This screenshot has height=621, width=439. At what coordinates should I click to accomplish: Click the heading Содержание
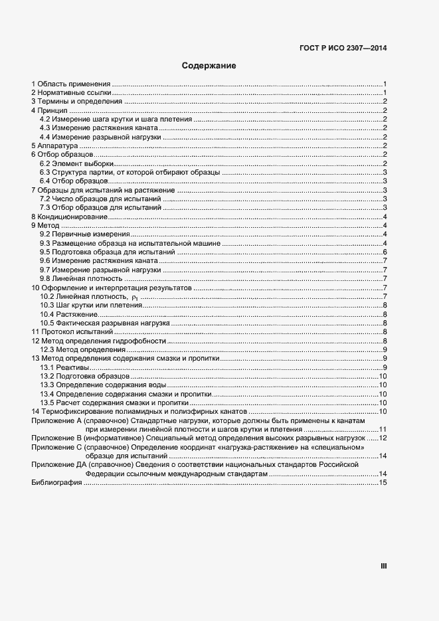209,66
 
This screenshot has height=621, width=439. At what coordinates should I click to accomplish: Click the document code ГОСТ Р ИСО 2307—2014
343,47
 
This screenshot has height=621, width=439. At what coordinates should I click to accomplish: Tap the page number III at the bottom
383,567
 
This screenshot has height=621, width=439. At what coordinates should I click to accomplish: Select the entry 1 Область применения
70,84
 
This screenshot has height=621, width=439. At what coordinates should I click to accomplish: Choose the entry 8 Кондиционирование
69,217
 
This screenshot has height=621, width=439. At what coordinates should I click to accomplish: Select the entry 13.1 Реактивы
64,367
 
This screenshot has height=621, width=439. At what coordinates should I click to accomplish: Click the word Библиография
56,483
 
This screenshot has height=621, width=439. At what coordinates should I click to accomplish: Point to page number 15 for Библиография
383,483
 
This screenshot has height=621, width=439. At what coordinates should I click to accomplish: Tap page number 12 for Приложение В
383,438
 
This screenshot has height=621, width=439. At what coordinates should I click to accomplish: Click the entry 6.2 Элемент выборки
76,163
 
